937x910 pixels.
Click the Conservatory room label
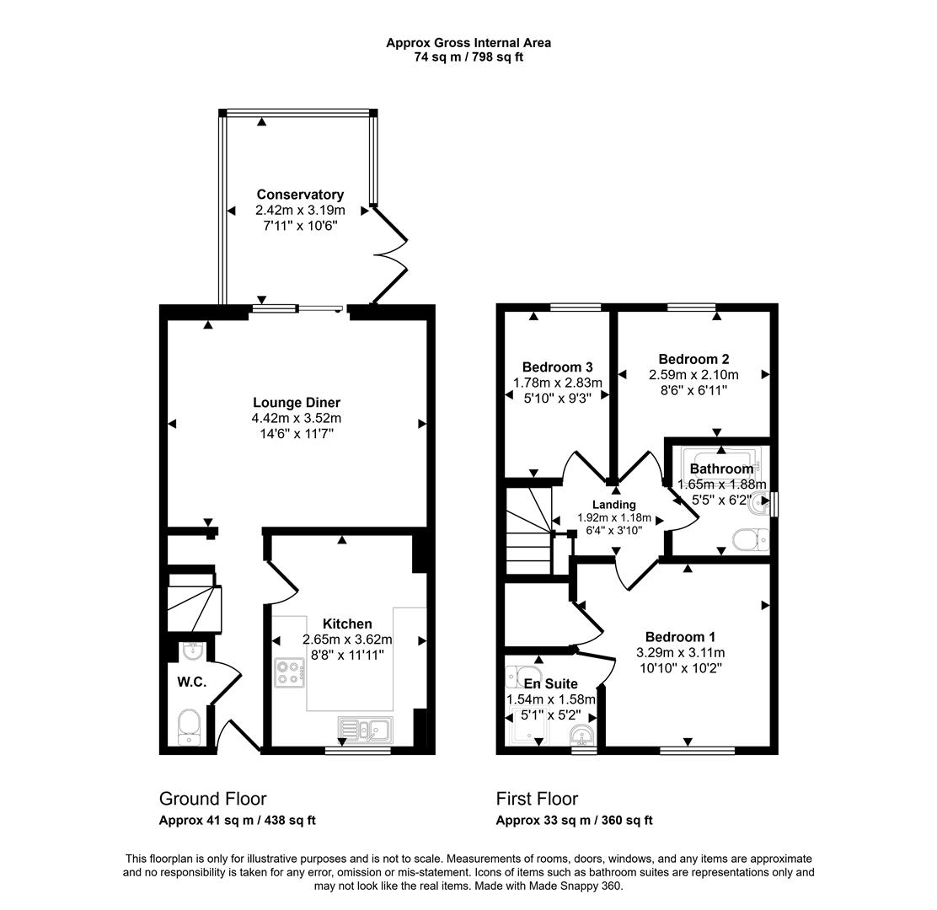300,195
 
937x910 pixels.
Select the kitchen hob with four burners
289,673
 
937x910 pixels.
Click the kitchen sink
364,729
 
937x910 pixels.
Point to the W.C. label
191,682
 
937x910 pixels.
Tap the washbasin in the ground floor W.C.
193,650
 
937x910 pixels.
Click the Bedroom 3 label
557,367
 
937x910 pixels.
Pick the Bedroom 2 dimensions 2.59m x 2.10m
693,375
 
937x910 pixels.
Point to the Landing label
614,505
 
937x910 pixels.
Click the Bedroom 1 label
680,637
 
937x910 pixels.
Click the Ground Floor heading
212,799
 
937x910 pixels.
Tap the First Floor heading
537,799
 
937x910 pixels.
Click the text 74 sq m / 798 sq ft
468,56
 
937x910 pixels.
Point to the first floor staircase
527,532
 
